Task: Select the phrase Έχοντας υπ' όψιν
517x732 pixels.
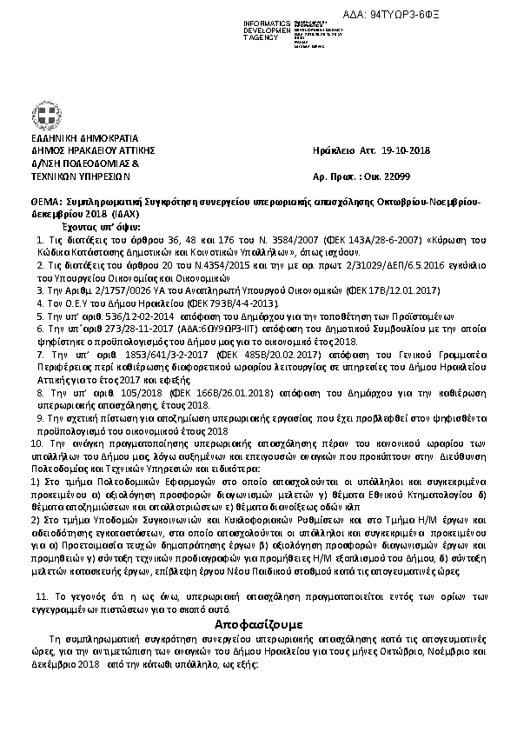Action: [72, 224]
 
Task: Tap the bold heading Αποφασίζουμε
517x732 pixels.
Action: [258, 623]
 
